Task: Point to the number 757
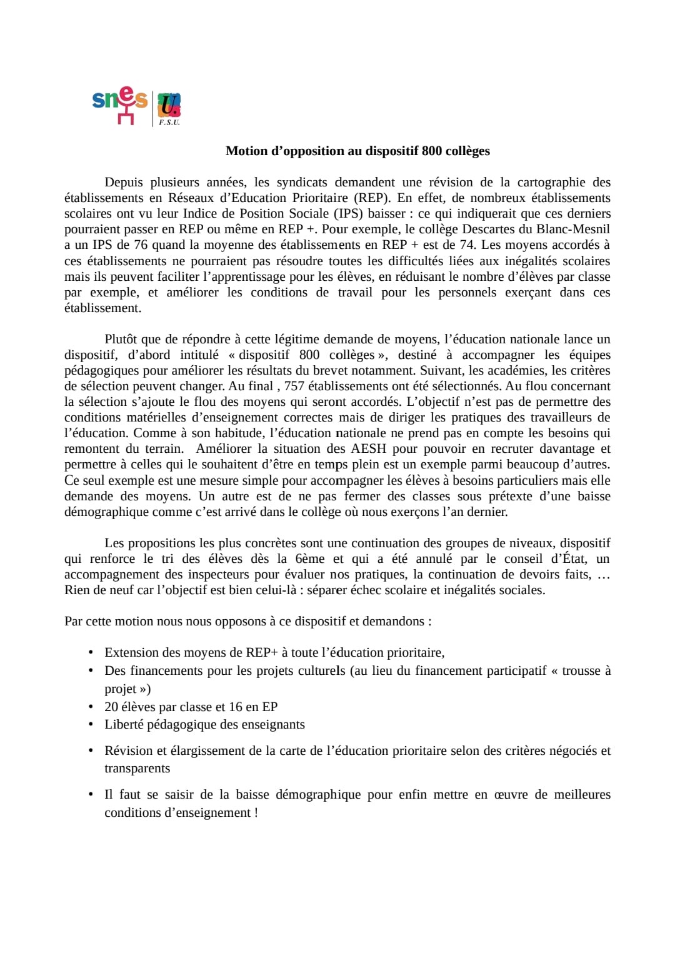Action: click(294, 387)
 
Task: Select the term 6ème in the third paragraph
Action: click(310, 559)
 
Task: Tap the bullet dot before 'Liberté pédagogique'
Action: click(91, 724)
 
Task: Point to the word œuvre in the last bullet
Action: click(510, 795)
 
